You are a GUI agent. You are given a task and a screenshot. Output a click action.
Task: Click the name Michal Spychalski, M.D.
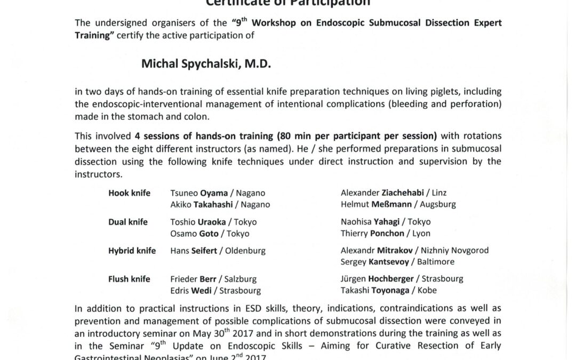[206, 64]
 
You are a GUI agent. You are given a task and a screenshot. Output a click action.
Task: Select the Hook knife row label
[129, 193]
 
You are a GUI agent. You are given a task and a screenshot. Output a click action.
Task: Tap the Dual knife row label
[128, 222]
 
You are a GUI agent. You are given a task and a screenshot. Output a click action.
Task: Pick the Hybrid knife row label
[132, 250]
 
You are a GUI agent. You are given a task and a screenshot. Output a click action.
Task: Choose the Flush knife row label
[129, 279]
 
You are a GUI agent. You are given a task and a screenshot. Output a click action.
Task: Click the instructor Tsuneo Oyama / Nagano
[218, 193]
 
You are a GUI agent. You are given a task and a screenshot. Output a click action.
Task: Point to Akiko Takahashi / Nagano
[220, 204]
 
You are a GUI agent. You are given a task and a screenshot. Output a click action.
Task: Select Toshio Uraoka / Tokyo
[213, 222]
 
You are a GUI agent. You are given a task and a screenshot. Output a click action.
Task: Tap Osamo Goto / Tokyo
[210, 233]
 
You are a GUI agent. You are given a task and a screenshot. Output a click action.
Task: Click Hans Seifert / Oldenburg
[218, 250]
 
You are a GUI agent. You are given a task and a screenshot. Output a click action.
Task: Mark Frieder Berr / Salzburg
[213, 279]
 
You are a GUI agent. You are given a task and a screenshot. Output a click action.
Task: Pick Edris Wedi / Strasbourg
[215, 291]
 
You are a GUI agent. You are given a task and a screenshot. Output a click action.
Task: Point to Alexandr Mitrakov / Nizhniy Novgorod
[414, 250]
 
